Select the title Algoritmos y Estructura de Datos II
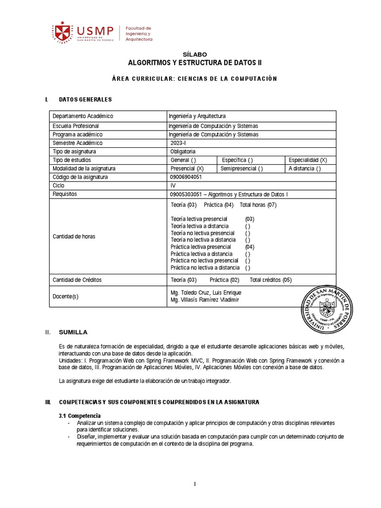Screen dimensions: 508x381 195,63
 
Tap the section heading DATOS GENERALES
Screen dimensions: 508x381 85,100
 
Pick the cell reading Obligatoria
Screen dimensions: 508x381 183,151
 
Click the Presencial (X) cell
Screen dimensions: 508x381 187,169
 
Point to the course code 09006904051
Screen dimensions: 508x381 186,177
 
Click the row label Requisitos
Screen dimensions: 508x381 65,194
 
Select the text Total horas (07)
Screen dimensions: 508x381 258,205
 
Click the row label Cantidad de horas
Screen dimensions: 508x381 74,236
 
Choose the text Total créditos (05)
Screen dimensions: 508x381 270,280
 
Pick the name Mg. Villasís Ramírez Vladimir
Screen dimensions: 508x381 204,300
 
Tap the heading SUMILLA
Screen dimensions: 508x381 73,332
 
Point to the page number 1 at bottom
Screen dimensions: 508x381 195,485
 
